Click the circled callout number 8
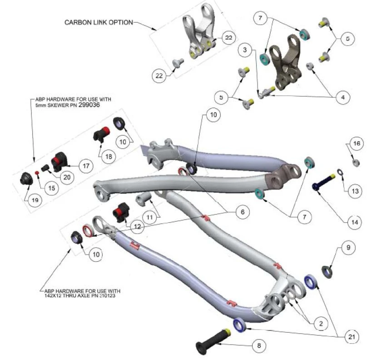258,345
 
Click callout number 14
355,222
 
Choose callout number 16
356,144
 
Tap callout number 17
85,166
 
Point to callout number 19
35,199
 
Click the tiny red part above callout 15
38,173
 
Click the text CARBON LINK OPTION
99,22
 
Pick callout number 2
321,324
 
